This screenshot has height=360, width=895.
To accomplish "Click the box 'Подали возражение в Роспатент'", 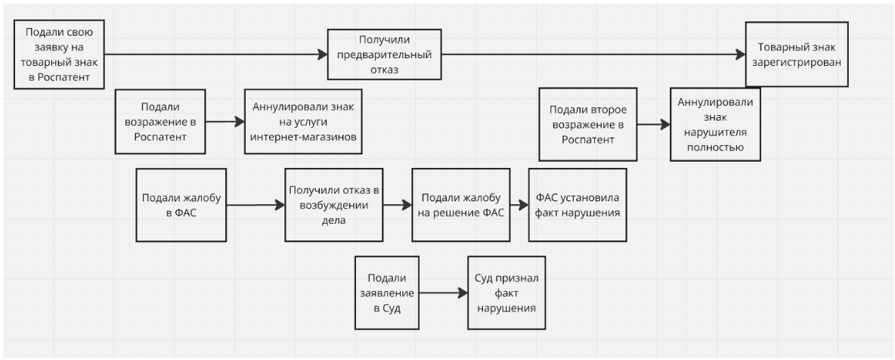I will [x=160, y=122].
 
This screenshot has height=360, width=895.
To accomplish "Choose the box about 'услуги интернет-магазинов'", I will [x=299, y=121].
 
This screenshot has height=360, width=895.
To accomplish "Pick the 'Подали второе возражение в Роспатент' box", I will [x=584, y=123].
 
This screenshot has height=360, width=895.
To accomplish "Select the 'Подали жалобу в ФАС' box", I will [x=181, y=205].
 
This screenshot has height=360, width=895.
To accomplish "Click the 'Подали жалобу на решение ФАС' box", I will [x=460, y=205].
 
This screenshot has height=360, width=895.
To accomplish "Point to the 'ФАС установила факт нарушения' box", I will [x=577, y=205].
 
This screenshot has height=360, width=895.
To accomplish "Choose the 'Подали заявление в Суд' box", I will [x=387, y=293].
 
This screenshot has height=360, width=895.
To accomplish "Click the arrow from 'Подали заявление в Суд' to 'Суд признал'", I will [x=443, y=293].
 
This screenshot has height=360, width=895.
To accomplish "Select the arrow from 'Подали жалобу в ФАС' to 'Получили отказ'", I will [x=255, y=205].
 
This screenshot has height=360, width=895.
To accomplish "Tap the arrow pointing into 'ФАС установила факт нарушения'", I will [x=519, y=205].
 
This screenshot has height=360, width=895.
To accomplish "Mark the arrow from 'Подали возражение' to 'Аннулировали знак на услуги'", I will [x=225, y=121].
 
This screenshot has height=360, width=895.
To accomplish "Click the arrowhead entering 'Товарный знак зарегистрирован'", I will [x=740, y=54].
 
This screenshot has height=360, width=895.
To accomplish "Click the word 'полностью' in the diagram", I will [x=715, y=147].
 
